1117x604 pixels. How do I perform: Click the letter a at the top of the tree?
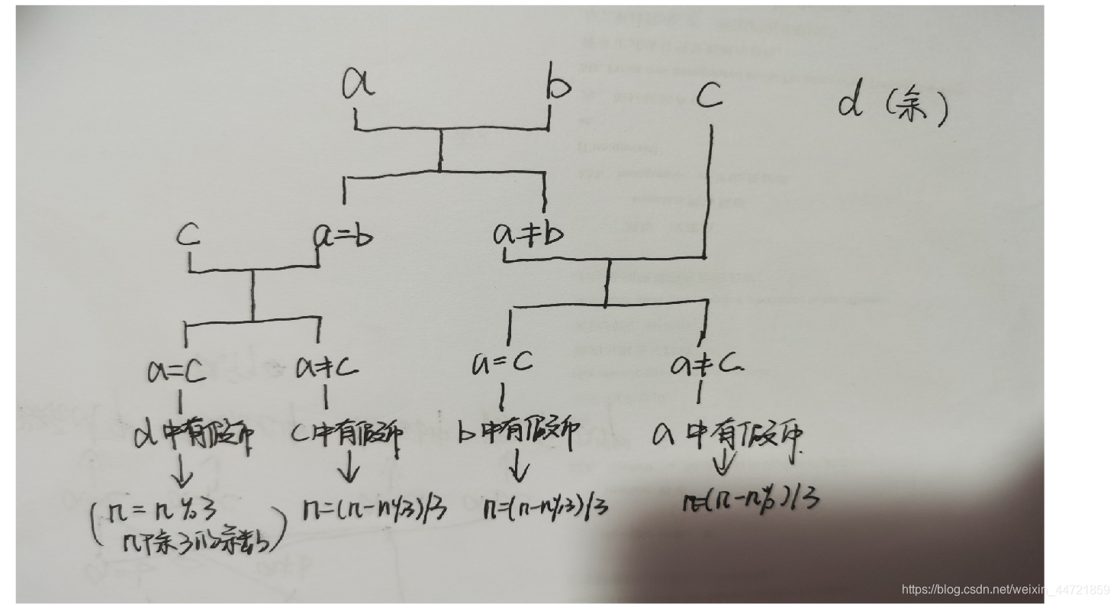click(x=358, y=84)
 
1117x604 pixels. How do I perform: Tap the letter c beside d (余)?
click(x=710, y=96)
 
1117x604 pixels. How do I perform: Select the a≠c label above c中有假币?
click(x=327, y=369)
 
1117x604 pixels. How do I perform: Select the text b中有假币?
click(x=517, y=434)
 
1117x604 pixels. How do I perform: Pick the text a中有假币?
click(x=728, y=434)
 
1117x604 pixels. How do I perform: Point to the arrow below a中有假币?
click(x=723, y=463)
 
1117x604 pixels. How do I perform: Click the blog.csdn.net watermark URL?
click(x=1005, y=589)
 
